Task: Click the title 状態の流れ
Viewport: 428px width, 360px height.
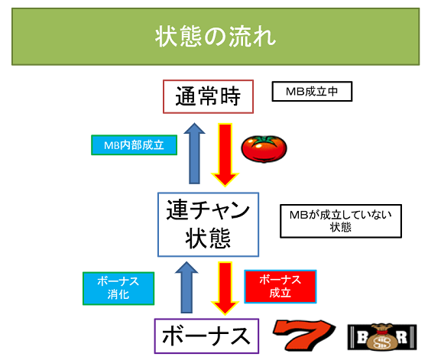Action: (216, 37)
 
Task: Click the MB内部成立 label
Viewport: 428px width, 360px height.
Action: (134, 145)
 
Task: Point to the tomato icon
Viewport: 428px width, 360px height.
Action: (264, 149)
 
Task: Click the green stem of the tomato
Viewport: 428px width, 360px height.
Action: (264, 140)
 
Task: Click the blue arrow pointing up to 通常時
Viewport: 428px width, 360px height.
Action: (194, 154)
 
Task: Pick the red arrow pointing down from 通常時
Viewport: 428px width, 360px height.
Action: (225, 154)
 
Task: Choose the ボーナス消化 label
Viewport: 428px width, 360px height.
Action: (118, 288)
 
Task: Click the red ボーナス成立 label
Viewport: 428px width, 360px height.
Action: (280, 287)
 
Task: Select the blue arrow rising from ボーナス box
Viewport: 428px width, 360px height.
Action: (186, 287)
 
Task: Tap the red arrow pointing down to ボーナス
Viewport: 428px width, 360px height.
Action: (225, 288)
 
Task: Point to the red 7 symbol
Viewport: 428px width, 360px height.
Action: (305, 336)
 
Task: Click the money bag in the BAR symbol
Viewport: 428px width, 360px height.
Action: (382, 337)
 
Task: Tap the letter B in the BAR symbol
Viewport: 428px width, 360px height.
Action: (362, 337)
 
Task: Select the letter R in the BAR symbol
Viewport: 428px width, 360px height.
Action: (402, 337)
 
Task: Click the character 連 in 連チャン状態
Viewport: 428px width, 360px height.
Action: (177, 209)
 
